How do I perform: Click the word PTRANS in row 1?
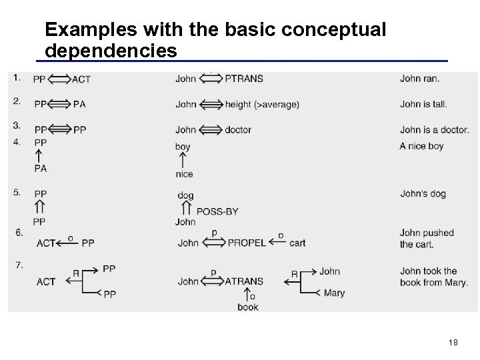[244, 79]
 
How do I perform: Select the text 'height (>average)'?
[262, 104]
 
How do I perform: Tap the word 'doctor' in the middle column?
[238, 129]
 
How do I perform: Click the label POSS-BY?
[217, 211]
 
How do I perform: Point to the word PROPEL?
[247, 243]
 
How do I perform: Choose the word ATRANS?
[244, 281]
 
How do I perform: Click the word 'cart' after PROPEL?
[297, 243]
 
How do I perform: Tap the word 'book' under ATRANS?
[248, 307]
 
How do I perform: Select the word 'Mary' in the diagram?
[334, 293]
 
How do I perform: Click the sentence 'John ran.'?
[419, 79]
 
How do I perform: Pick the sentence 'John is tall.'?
[423, 104]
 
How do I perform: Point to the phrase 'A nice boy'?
[421, 146]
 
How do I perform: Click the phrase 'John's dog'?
[423, 194]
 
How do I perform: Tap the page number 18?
[453, 343]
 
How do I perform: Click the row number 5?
[18, 193]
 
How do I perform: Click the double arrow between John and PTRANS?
[211, 79]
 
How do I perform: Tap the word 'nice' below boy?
[185, 174]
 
